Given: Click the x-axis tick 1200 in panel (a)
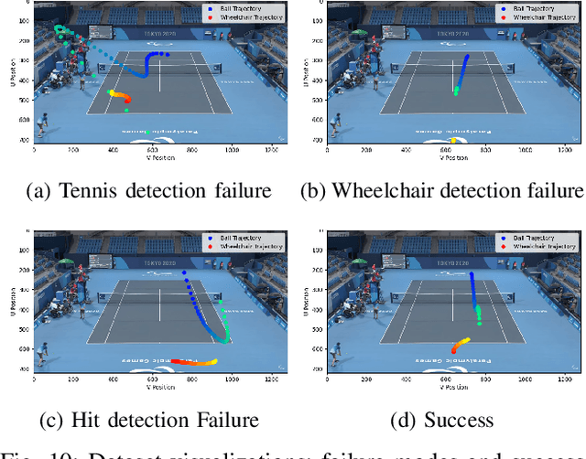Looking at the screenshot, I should click(271, 149).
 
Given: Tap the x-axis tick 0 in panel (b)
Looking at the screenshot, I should click(328, 149).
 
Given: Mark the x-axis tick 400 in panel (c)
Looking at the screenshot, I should click(113, 379).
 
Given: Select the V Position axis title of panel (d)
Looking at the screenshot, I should click(454, 386).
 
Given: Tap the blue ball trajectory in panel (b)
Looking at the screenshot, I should click(463, 69).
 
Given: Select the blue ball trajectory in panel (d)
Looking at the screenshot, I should click(473, 291).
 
